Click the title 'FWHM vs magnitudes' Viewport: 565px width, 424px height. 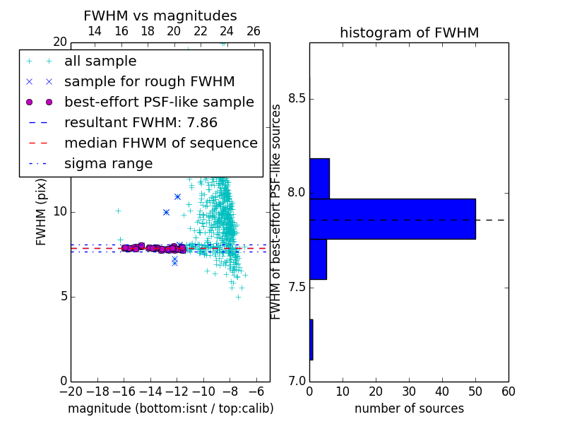click(x=160, y=16)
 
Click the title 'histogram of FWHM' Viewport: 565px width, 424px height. click(x=410, y=33)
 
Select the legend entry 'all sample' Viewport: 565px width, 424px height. click(x=100, y=61)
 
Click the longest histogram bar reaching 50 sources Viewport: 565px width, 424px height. click(x=393, y=219)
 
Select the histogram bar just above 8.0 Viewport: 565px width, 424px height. click(x=320, y=179)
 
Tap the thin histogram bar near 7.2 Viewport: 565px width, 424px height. click(x=311, y=340)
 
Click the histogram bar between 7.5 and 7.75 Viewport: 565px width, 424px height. click(x=319, y=259)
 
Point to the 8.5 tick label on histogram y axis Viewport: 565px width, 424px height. click(x=297, y=98)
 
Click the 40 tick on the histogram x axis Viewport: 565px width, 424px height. click(x=443, y=391)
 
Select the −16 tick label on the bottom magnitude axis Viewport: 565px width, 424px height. click(x=124, y=391)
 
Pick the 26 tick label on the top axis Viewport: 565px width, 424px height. click(x=254, y=31)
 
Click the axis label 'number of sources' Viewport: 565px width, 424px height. click(x=410, y=408)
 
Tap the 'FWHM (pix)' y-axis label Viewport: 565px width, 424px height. click(x=41, y=212)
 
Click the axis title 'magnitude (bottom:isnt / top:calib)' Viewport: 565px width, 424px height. click(x=171, y=408)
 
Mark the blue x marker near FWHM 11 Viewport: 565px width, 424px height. click(x=178, y=197)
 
